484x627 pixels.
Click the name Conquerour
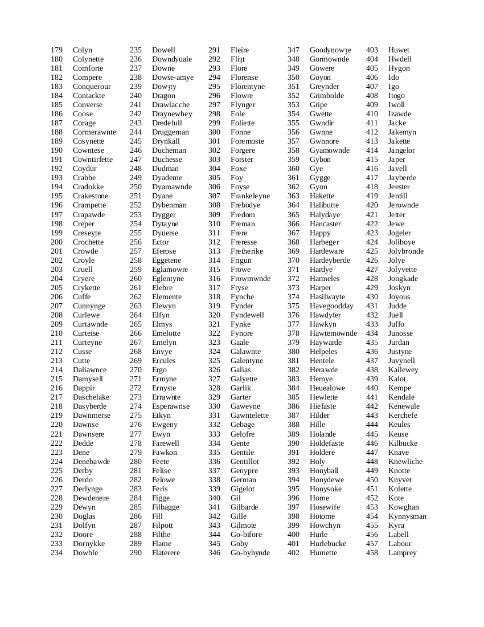(92, 87)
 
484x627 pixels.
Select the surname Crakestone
(90, 196)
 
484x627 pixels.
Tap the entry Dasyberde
(89, 406)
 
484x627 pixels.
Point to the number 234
(56, 553)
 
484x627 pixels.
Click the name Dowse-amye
(173, 78)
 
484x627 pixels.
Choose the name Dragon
(163, 96)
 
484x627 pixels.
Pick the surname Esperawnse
(171, 406)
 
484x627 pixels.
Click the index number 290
(136, 553)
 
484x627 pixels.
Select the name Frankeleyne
(250, 196)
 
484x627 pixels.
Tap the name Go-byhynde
(250, 553)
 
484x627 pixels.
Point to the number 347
(293, 50)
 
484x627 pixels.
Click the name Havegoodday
(331, 306)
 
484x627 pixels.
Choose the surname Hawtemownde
(333, 333)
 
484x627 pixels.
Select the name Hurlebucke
(327, 544)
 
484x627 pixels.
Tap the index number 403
(372, 50)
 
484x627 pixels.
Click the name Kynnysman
(407, 516)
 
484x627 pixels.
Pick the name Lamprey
(402, 553)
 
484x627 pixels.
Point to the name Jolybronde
(406, 251)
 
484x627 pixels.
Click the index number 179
(56, 50)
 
